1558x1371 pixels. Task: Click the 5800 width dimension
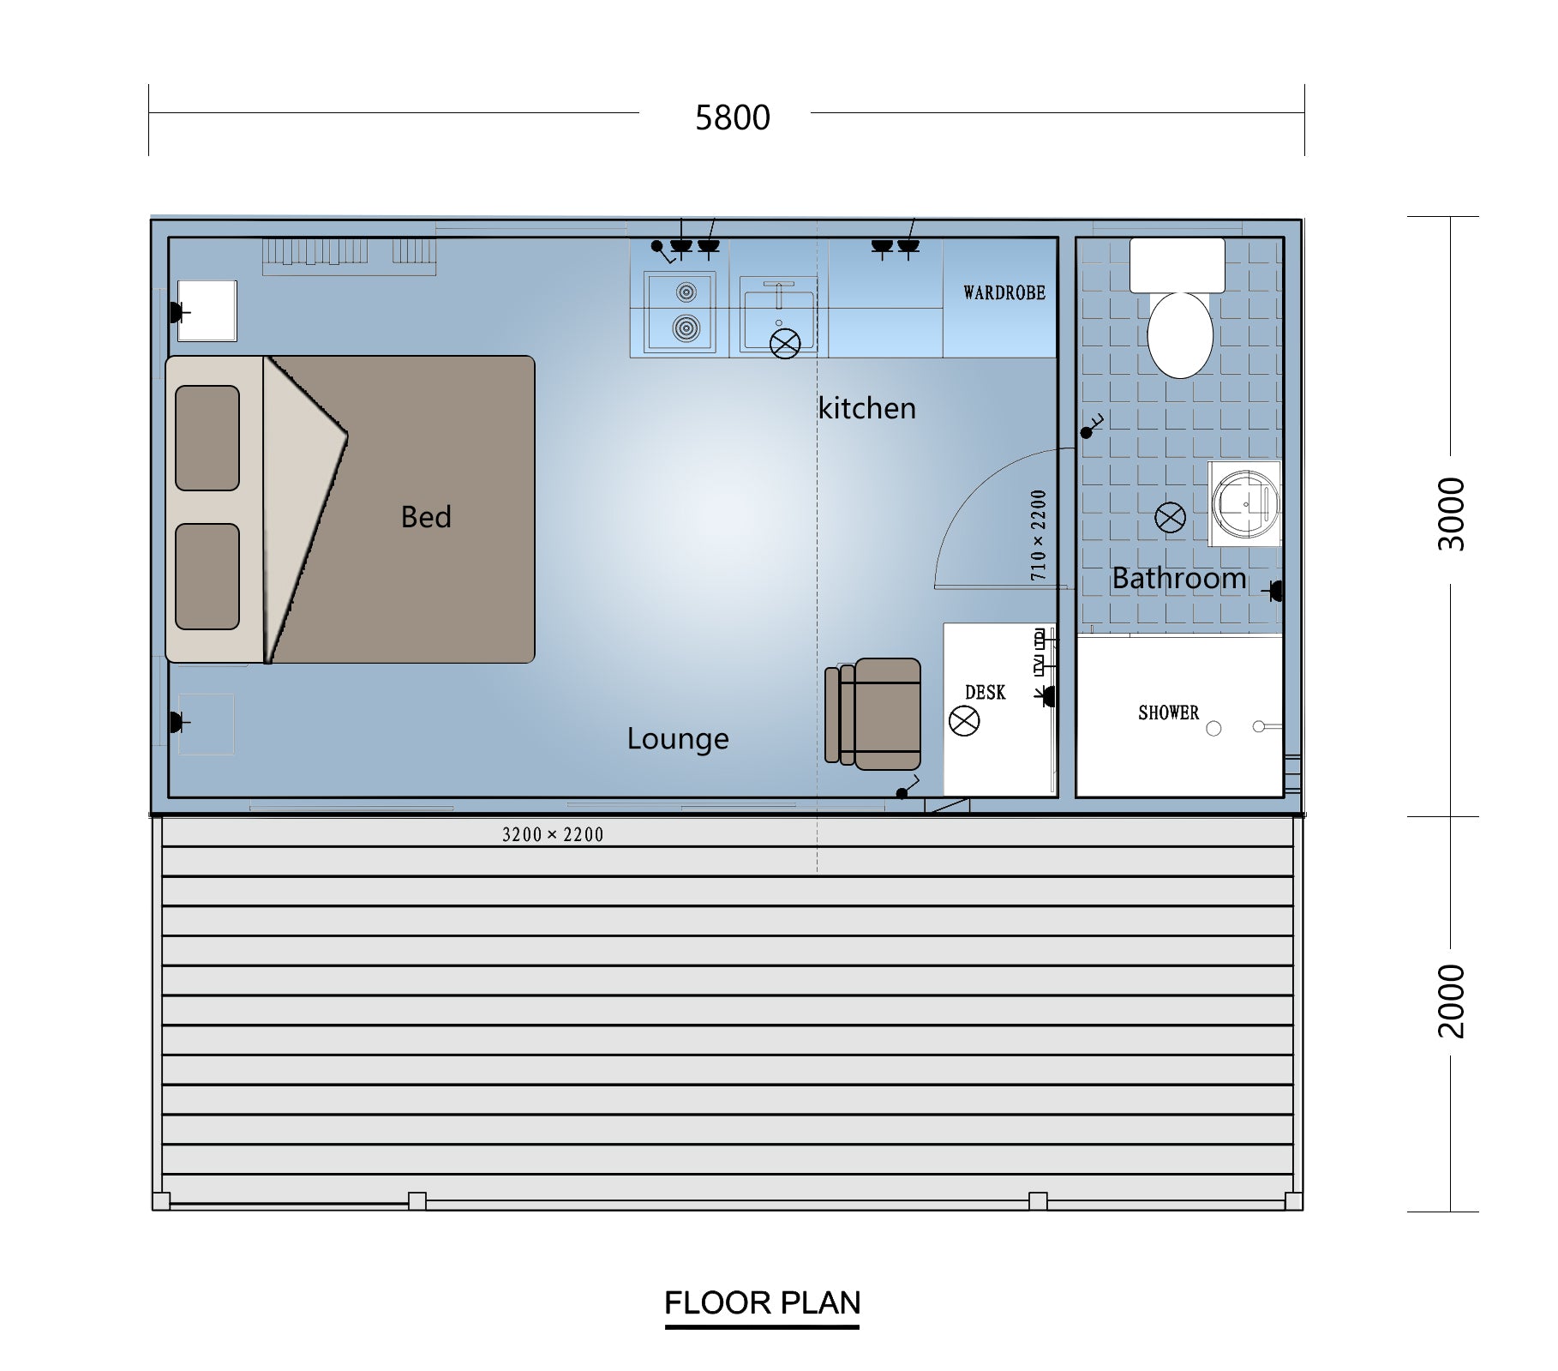(733, 117)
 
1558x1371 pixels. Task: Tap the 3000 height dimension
(1451, 514)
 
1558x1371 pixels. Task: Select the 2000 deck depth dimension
(1451, 1001)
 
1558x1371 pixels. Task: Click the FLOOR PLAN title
(762, 1303)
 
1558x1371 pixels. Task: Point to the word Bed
(426, 517)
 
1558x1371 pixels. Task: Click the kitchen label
(866, 408)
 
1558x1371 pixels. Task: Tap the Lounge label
(678, 739)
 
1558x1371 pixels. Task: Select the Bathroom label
(1179, 579)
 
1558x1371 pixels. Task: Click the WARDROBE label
(1004, 293)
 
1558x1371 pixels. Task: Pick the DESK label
(986, 693)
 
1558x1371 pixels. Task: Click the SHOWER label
(1168, 713)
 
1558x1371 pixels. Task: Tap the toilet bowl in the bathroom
(1180, 335)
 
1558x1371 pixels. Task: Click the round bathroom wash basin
(1245, 504)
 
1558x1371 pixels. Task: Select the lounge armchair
(873, 714)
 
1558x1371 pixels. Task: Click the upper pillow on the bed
(207, 438)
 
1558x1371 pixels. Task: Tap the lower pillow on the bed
(207, 577)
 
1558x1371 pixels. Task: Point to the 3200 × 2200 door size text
(553, 835)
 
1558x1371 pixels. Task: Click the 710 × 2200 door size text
(1039, 535)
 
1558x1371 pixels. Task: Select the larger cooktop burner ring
(686, 328)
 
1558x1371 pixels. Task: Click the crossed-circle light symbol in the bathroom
(1171, 517)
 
